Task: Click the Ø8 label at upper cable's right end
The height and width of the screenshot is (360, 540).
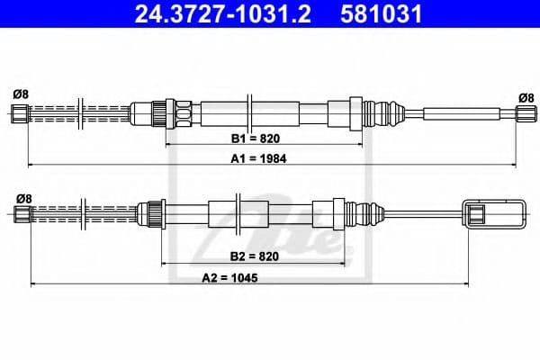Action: pos(526,96)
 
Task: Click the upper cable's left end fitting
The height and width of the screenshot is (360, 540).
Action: pos(20,112)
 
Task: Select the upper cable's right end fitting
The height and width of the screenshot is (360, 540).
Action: pos(524,112)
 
